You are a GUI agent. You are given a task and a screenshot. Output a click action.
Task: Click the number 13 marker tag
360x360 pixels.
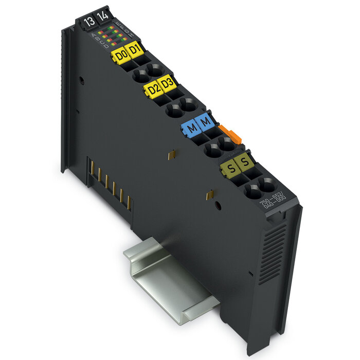88,22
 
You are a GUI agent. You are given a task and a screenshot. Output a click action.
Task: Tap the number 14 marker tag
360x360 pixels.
102,16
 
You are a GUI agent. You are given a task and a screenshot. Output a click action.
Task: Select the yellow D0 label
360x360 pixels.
121,55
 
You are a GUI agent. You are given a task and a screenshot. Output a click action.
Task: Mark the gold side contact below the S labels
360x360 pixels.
209,195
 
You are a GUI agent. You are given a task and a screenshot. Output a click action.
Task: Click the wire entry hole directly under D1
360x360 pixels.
153,70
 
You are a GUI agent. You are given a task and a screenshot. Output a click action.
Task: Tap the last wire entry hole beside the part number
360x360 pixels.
267,185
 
